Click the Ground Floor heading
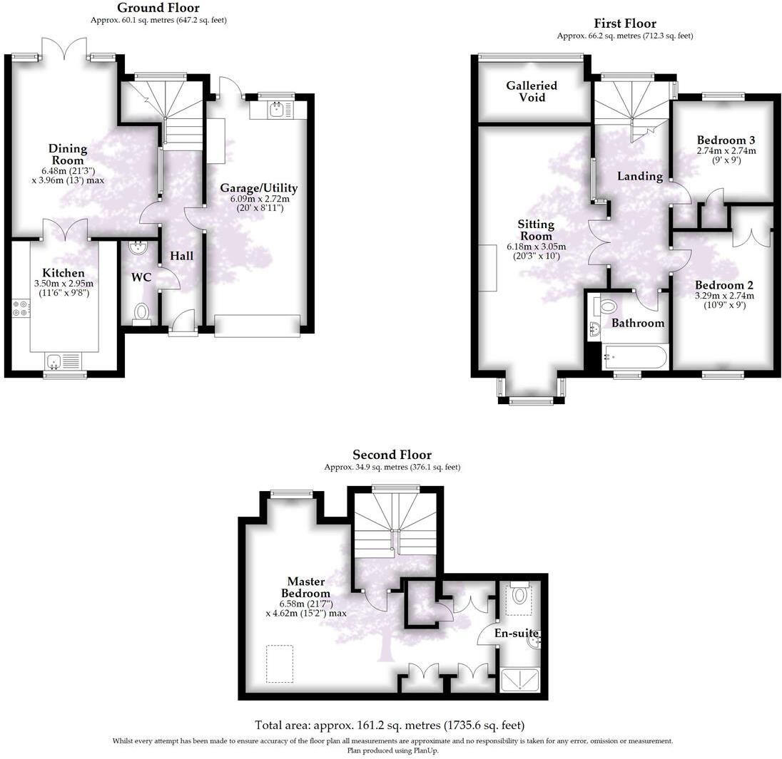point(158,8)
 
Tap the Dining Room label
point(68,155)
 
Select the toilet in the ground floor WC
point(142,312)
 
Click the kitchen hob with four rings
point(20,308)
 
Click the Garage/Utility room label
point(258,188)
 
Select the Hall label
point(181,256)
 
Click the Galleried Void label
point(532,91)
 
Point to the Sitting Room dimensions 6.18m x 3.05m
point(536,247)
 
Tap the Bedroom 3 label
point(726,140)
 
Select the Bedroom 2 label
point(724,285)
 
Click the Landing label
point(639,176)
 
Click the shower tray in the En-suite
point(522,680)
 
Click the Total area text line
point(390,725)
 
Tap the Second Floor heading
point(392,455)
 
